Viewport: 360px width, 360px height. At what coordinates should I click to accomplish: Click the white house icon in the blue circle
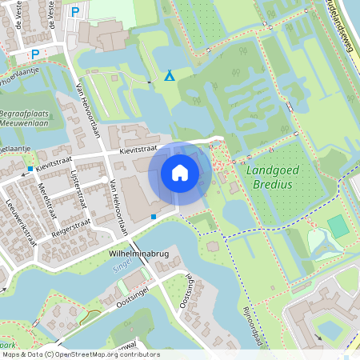click(180, 173)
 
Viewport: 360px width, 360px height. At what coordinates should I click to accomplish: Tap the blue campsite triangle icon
click(170, 76)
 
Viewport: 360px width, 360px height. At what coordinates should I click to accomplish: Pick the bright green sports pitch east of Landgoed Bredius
click(338, 226)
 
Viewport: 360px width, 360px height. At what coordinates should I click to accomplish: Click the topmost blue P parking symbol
click(75, 11)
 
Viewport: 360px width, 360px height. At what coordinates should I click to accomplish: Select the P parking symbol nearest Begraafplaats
click(34, 54)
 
